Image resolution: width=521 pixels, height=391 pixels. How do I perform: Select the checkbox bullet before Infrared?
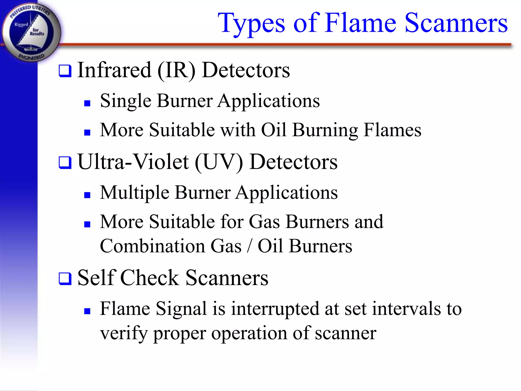[x=65, y=71]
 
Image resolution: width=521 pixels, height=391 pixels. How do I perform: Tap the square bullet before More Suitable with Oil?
[x=87, y=132]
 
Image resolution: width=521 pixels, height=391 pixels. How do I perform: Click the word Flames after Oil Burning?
[x=392, y=130]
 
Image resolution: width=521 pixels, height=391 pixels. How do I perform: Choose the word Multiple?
[x=135, y=193]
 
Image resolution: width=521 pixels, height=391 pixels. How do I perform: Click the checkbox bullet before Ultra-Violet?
[x=65, y=163]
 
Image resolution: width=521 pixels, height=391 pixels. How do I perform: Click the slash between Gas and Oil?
[x=250, y=246]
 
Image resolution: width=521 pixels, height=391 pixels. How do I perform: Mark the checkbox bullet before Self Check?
[x=65, y=279]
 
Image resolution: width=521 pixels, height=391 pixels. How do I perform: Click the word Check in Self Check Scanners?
[x=150, y=278]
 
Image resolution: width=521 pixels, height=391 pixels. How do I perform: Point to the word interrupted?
[x=275, y=309]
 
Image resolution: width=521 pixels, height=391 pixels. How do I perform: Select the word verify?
[x=124, y=333]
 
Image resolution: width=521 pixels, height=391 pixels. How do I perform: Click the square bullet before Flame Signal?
[x=87, y=311]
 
